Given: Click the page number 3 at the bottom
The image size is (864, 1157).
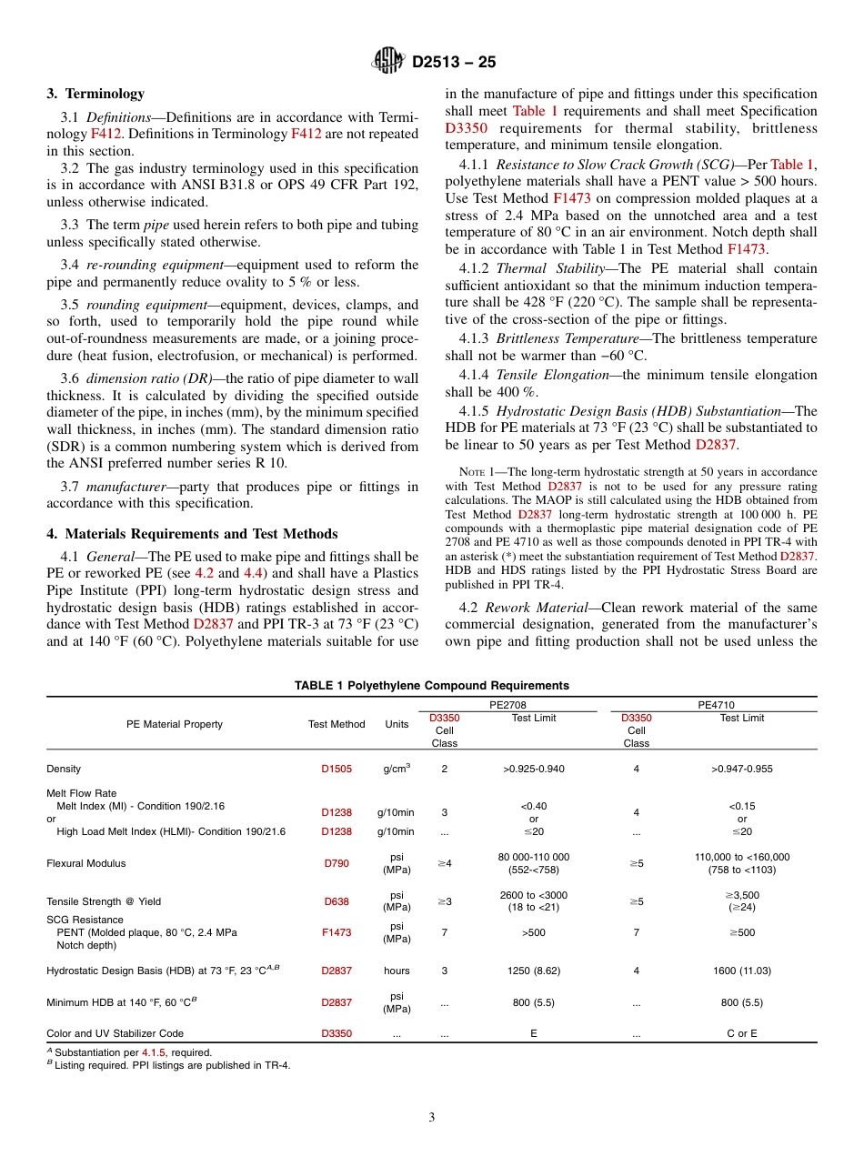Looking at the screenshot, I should coord(432,1117).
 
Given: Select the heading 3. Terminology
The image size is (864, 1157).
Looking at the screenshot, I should coord(95,94).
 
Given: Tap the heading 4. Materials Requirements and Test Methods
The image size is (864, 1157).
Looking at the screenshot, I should coord(192,534).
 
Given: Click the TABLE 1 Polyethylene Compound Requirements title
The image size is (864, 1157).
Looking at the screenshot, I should coord(432,686).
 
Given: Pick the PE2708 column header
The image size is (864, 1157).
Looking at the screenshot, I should coord(507,704).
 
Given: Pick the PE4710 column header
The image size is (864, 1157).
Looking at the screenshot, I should coord(716,704).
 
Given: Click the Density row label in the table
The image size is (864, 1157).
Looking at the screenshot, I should coord(64,769).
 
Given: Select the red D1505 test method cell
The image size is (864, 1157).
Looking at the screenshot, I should coord(336,769).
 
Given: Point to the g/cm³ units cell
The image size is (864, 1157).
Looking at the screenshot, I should coord(397,769).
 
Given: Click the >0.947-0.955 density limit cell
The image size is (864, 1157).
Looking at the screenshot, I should coord(741,769).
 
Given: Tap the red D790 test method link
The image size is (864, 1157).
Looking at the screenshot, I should coord(336,863).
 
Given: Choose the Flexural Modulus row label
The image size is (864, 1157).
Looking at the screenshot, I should coord(86,863).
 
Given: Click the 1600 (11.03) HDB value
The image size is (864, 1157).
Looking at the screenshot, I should coord(741,971).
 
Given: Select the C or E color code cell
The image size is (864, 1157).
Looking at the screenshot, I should coord(741,1033).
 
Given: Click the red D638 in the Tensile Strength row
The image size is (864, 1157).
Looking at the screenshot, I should coord(336,901).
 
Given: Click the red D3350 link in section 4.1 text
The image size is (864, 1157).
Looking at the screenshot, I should coord(465,128).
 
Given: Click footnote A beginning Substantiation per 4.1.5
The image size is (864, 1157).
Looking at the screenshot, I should coord(132,1052).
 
